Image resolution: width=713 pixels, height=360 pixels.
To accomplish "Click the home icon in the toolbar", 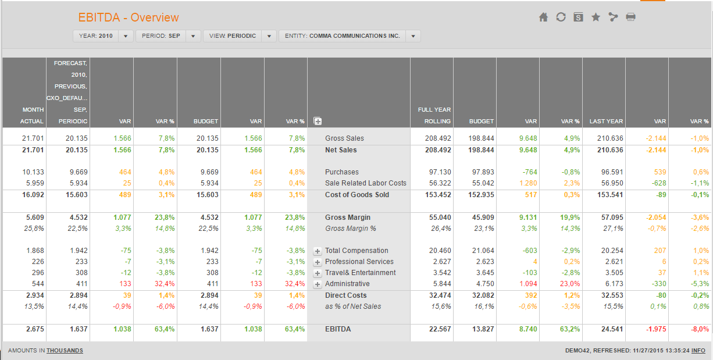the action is [x=543, y=17].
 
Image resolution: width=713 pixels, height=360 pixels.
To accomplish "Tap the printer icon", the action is [x=630, y=17].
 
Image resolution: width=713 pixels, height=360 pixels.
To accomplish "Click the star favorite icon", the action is [x=596, y=17].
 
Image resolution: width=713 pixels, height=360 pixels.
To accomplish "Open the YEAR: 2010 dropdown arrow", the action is [x=126, y=36].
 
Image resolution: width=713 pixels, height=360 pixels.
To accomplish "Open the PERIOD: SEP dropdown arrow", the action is [x=193, y=36].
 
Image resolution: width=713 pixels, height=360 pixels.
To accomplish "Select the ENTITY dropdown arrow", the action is [x=413, y=36].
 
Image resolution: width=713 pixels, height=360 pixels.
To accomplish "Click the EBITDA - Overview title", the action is [x=129, y=17].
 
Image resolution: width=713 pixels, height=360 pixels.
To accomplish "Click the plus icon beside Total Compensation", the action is [x=318, y=251].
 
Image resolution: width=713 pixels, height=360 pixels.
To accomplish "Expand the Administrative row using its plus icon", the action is [x=318, y=284].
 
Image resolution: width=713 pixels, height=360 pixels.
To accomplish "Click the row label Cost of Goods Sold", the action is [x=357, y=195].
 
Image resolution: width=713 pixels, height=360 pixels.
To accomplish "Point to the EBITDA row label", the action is [x=338, y=329].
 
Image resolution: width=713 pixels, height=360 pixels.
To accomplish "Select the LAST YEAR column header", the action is [x=606, y=122].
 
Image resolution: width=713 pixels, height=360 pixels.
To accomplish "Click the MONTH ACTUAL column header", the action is [x=32, y=115].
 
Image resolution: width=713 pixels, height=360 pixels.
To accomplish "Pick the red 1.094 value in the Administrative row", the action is [x=528, y=284].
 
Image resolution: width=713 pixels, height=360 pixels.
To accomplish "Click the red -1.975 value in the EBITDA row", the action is [x=656, y=329].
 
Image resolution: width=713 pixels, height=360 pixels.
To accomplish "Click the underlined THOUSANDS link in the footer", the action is [x=65, y=351].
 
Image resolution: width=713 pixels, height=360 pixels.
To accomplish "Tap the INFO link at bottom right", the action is [x=698, y=351].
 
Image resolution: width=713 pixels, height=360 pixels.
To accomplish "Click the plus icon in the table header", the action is [x=318, y=122].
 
